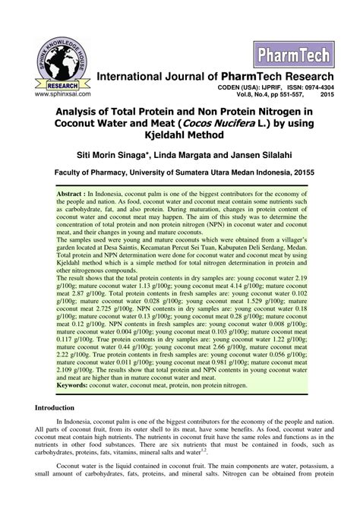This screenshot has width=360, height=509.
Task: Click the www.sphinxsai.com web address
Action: [x=52, y=93]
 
